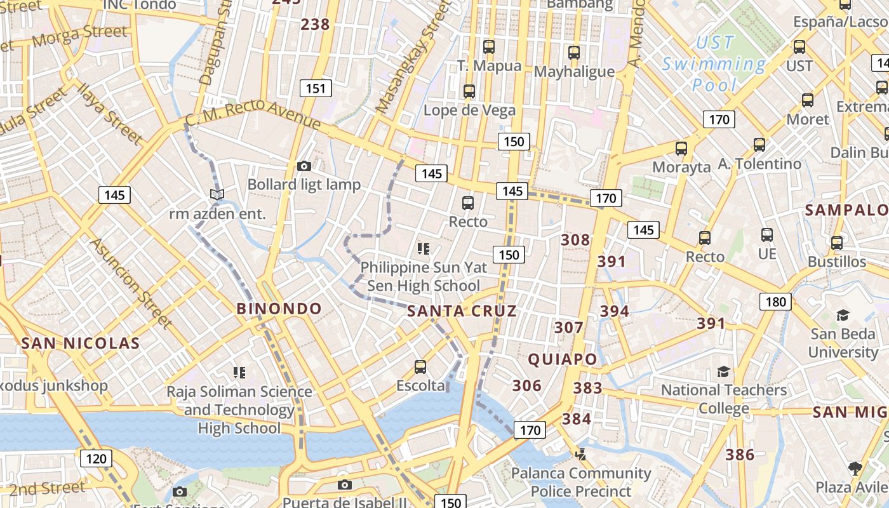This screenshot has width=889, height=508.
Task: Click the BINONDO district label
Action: point(279,309)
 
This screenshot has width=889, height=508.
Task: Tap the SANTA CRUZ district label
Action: point(462,311)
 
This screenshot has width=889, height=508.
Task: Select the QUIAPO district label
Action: point(563,359)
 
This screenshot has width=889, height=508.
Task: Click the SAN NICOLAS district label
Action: point(80,344)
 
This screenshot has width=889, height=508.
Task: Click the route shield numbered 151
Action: point(315,88)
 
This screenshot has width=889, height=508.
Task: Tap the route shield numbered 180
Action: point(775,302)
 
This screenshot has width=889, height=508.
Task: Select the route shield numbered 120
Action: point(96,458)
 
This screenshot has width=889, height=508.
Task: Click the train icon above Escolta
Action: point(420,366)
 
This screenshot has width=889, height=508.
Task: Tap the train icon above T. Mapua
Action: point(488,46)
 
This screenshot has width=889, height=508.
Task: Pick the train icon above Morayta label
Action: point(681,149)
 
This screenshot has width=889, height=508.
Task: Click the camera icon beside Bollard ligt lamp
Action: point(304,166)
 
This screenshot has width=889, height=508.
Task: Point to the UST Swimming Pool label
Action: point(714,63)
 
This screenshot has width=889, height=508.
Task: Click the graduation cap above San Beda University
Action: point(843,315)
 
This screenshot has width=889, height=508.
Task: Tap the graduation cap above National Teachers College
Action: point(723,371)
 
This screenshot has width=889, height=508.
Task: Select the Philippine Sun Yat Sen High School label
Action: point(424,276)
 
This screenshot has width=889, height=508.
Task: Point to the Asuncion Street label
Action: point(131,283)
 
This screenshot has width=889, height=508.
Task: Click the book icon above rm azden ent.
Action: point(217,194)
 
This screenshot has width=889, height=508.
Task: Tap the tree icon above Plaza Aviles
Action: point(855,469)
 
